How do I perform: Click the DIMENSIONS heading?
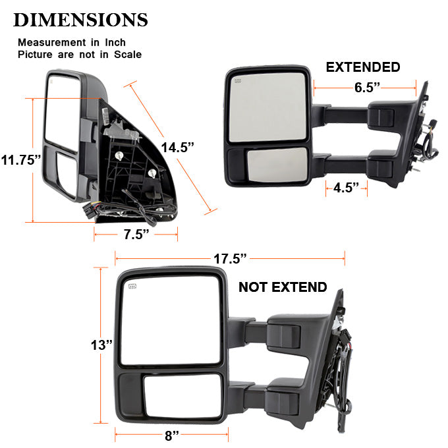(80, 20)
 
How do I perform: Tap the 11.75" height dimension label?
(21, 160)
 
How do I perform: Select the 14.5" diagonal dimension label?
(178, 148)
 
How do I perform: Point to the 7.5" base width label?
(136, 235)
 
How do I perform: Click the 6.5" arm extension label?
(367, 87)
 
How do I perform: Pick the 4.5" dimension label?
(346, 188)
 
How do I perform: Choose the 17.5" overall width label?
(230, 258)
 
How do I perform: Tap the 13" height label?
(101, 345)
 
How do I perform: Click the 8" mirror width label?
(172, 435)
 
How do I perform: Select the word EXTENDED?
(363, 67)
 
